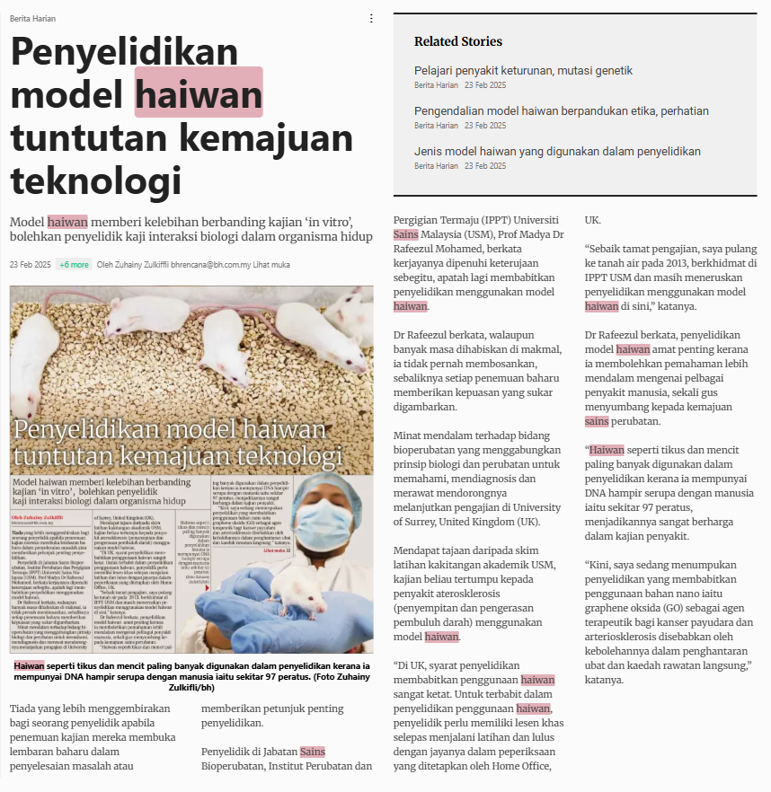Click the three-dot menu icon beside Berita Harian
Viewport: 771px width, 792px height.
(x=372, y=18)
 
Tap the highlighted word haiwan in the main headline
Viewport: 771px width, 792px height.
(x=199, y=92)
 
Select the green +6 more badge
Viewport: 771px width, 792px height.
(x=74, y=265)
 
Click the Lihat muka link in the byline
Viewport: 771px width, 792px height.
(x=272, y=265)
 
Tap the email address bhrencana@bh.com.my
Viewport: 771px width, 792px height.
(x=208, y=265)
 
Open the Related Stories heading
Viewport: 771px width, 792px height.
(x=458, y=41)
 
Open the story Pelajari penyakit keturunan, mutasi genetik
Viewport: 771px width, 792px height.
(x=523, y=70)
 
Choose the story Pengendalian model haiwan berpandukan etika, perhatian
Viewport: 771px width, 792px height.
(x=561, y=111)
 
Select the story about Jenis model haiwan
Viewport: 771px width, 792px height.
(x=557, y=151)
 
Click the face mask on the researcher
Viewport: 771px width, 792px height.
(x=318, y=518)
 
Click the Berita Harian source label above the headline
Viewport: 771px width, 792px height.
(x=32, y=18)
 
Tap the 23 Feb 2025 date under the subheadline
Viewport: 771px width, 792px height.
(x=30, y=265)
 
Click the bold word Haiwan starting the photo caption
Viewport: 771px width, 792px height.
(x=29, y=666)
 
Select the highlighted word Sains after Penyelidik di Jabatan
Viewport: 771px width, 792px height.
(x=312, y=751)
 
